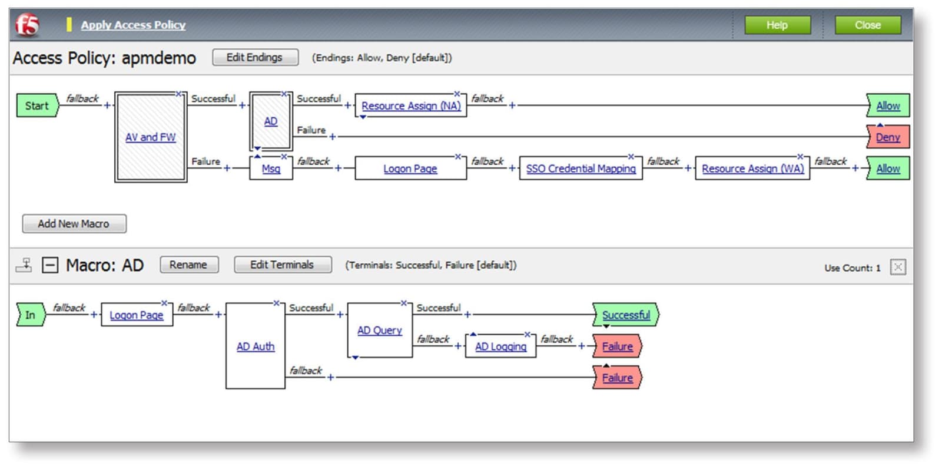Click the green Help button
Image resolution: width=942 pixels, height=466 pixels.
[x=777, y=25]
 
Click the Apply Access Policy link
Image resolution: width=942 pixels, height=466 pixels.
[x=133, y=25]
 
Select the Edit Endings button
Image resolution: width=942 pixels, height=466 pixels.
[x=254, y=57]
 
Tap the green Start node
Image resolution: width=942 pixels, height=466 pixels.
[x=37, y=106]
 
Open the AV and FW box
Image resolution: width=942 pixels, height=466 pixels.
[x=150, y=137]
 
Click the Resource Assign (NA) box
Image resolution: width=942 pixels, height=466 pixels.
[x=410, y=106]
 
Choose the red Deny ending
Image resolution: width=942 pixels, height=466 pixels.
[x=888, y=137]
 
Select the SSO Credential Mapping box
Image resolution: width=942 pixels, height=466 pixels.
[x=581, y=168]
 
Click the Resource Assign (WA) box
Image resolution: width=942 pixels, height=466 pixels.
[x=752, y=168]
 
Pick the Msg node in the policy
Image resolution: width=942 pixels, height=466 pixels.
[x=271, y=168]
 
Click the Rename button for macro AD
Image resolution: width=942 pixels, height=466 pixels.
[x=188, y=265]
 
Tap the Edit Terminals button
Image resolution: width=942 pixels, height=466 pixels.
[x=282, y=265]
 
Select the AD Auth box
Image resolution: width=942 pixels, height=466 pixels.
[x=256, y=346]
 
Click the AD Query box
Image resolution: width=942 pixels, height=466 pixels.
[x=379, y=331]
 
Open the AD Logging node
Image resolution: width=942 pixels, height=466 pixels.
[x=500, y=346]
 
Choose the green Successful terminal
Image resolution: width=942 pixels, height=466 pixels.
[x=625, y=315]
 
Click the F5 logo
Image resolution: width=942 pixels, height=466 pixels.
[x=27, y=25]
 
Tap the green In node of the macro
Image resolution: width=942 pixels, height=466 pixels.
[x=30, y=315]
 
